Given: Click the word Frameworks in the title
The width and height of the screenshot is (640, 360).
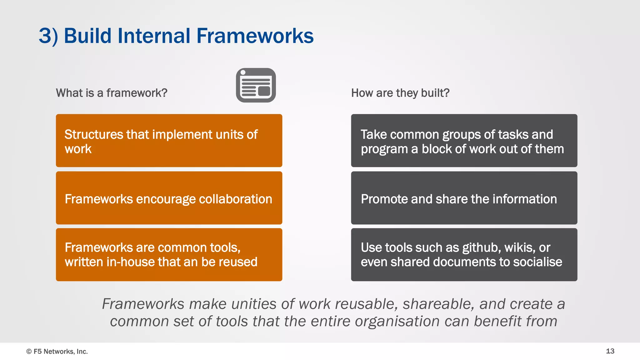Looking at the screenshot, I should (x=255, y=36).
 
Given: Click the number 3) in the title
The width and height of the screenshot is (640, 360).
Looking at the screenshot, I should (x=48, y=36).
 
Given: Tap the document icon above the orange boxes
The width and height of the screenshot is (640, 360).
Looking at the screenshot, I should (x=256, y=85).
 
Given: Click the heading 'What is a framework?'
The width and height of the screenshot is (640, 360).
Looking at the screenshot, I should (x=112, y=93).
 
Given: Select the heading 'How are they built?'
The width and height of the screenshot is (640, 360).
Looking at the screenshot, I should (x=400, y=93).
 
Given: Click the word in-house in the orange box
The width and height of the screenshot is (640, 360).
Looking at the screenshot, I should (x=128, y=262).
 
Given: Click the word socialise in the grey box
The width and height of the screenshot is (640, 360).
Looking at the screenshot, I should (x=537, y=262).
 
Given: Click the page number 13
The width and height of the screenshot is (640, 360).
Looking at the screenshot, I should (x=610, y=351).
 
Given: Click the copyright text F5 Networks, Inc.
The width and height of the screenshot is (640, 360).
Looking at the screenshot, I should (x=60, y=351).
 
